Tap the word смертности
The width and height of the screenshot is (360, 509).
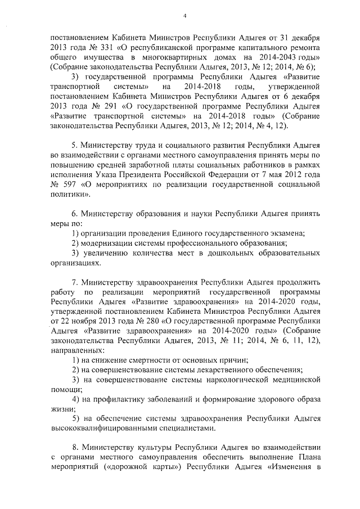(x=150, y=359)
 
